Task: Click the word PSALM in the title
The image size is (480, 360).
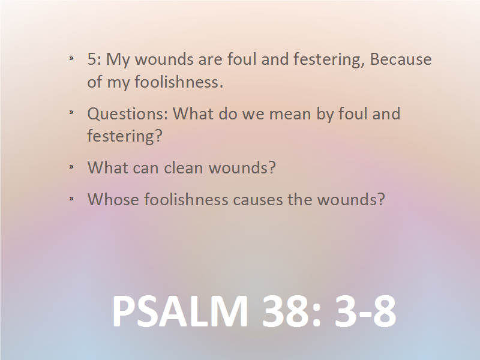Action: pos(180,311)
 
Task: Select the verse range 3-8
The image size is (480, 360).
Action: pos(365,311)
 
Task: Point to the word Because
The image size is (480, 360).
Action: pos(401,59)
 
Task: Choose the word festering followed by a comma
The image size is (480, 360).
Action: pos(329,59)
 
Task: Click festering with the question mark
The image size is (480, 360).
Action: pos(125,136)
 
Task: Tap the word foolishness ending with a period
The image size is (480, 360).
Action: pos(179,82)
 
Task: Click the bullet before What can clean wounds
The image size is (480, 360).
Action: pos(71,167)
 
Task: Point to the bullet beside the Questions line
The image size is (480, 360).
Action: pos(71,113)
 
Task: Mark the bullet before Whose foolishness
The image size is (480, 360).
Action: pos(71,199)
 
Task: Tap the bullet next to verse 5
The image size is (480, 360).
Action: pos(71,58)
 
